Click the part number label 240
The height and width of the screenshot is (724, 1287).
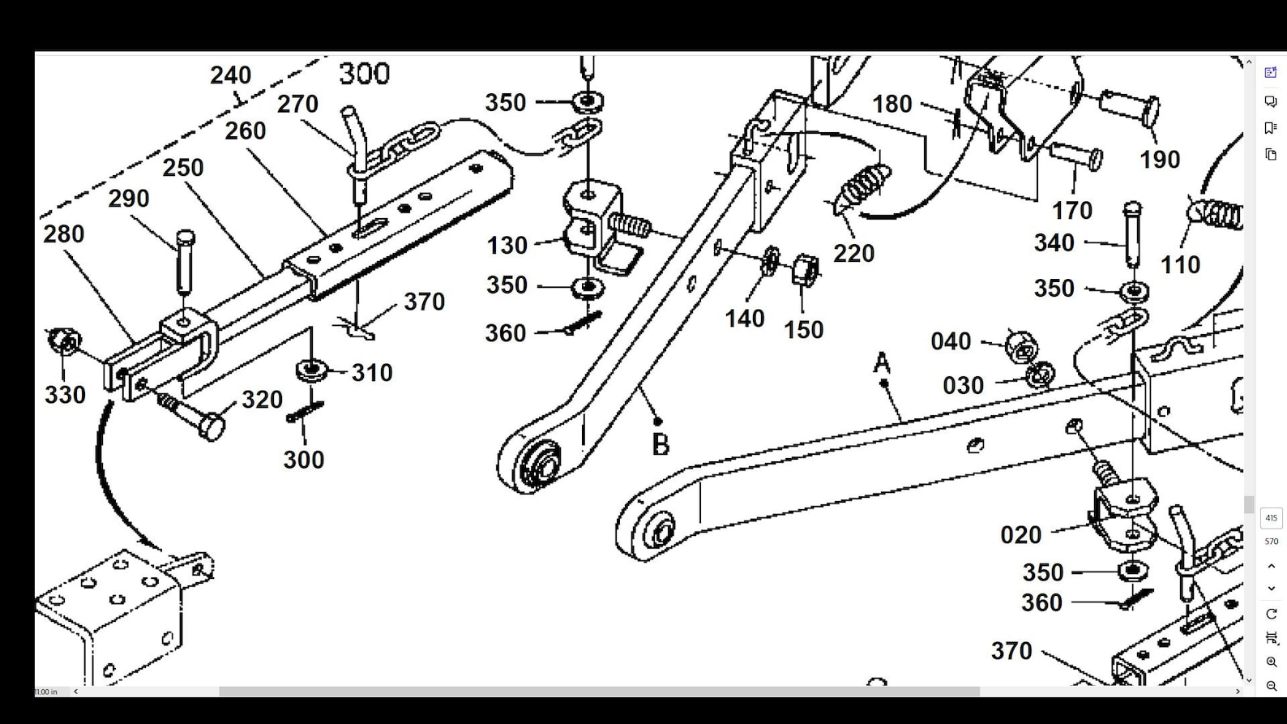(230, 75)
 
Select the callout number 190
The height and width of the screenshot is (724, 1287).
(1159, 160)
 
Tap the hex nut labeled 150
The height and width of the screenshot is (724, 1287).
(804, 269)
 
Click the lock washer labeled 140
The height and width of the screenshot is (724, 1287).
(770, 261)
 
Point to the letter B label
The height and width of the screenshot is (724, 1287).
(661, 445)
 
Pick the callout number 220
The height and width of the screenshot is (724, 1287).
(853, 254)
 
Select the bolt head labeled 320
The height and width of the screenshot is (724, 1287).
(211, 426)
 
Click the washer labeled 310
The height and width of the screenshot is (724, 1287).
(311, 370)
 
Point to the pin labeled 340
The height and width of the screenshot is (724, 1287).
(1133, 234)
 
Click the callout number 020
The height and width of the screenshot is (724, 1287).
(1020, 535)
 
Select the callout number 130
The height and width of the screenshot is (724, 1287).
(507, 246)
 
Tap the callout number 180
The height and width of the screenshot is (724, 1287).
(892, 105)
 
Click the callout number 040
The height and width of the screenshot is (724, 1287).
(951, 341)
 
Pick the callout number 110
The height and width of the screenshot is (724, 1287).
(1179, 265)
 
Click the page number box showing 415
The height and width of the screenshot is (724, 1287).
(1271, 518)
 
